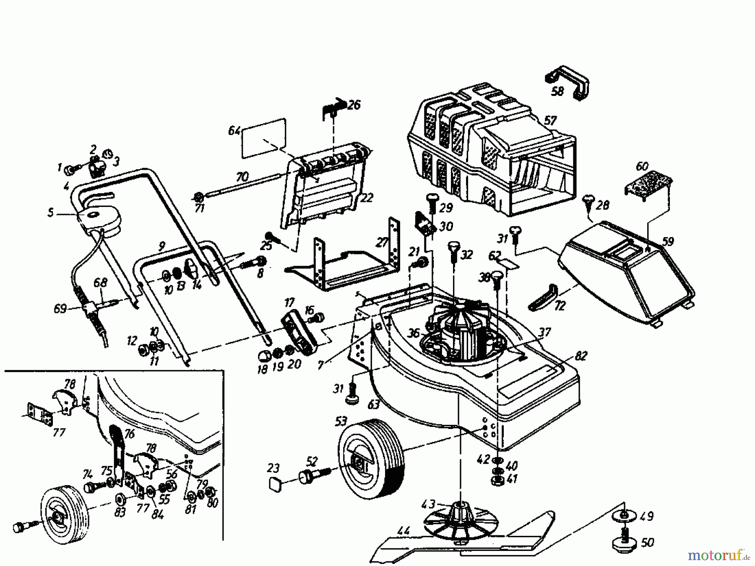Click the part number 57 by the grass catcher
point(550,121)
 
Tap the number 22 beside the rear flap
point(366,198)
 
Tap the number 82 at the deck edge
point(581,356)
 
